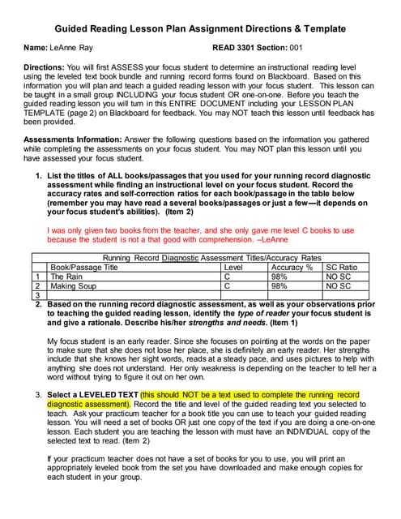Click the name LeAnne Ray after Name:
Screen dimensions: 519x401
[x=70, y=49]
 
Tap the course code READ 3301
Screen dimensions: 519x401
[x=237, y=49]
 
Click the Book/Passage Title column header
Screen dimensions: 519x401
[x=84, y=266]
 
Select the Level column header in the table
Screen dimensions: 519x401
[x=233, y=266]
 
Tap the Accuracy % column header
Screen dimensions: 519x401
[x=292, y=266]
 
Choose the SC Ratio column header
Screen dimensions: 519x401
[x=341, y=266]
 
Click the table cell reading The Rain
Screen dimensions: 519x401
[x=66, y=276]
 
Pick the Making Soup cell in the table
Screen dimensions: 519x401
[x=74, y=285]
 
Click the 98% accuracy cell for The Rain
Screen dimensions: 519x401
[x=279, y=276]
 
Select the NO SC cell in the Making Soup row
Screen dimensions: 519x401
[x=339, y=285]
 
